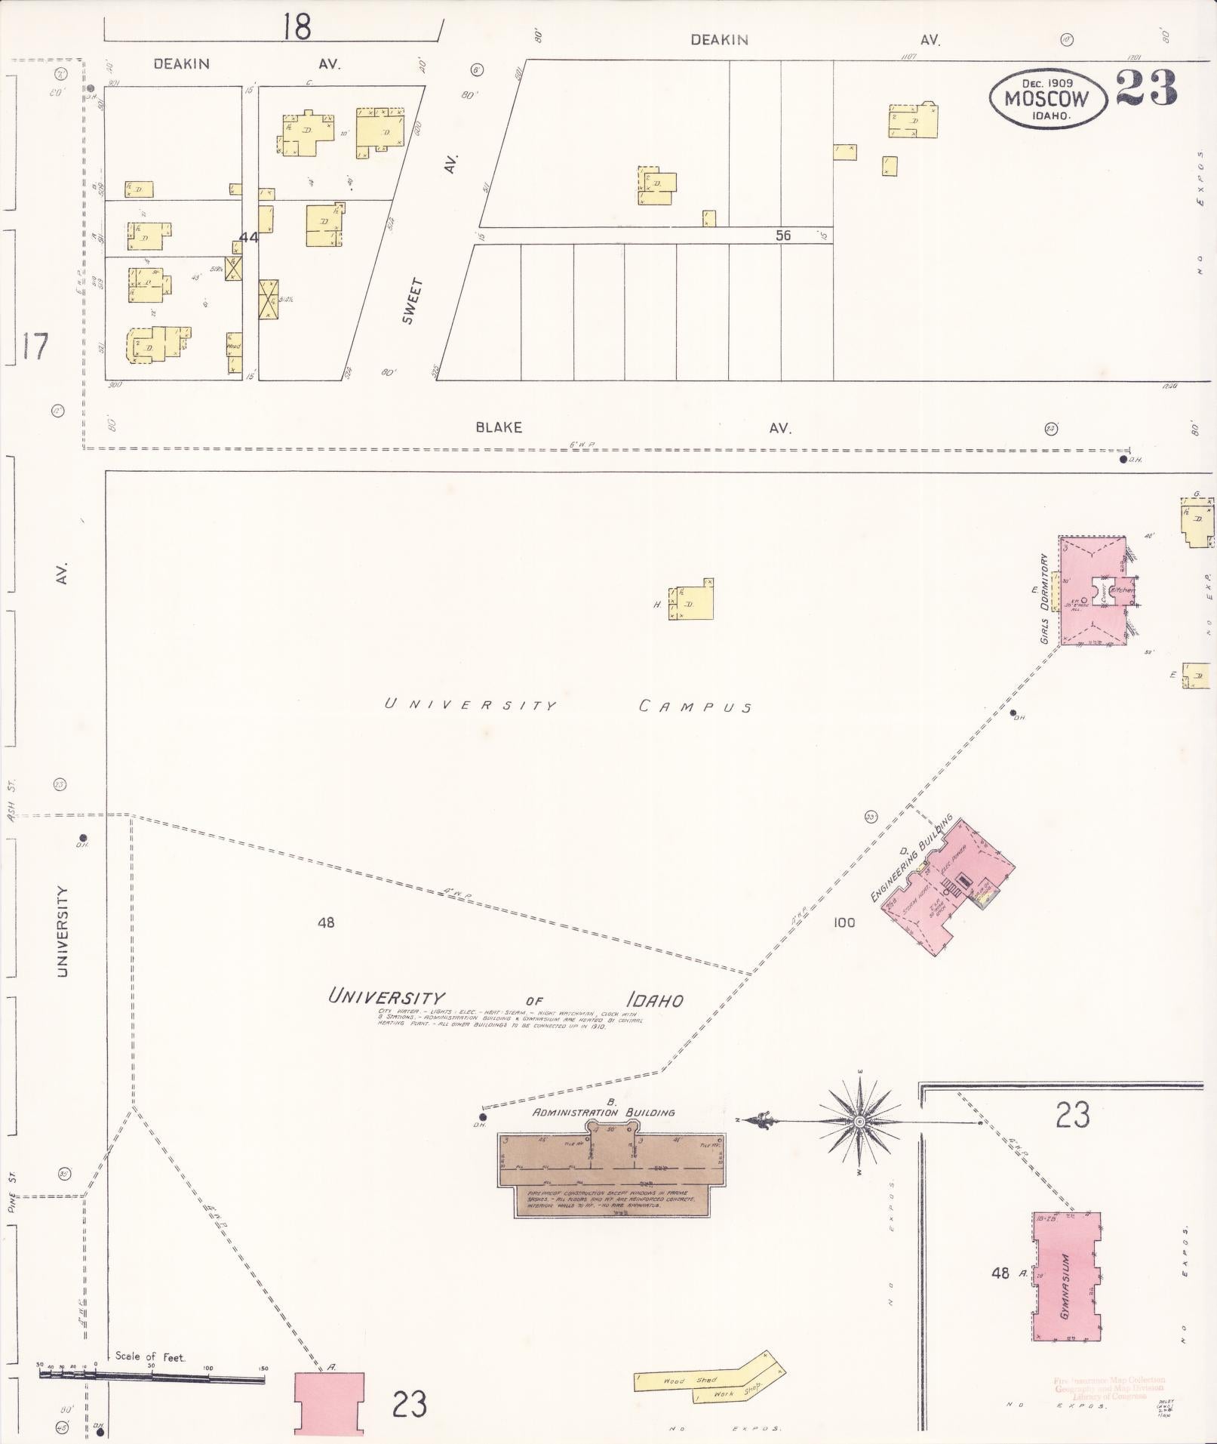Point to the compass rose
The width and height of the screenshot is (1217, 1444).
859,1122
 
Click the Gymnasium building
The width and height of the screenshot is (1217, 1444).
1065,1276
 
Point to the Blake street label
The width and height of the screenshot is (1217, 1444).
499,427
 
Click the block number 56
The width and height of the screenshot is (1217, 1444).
783,236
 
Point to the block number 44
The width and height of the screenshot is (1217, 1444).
249,237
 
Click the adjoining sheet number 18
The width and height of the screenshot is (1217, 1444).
297,27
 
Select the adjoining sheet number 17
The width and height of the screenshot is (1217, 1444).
35,346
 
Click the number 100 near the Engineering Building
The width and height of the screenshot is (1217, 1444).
844,922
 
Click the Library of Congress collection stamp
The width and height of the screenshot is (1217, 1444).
1109,1388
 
